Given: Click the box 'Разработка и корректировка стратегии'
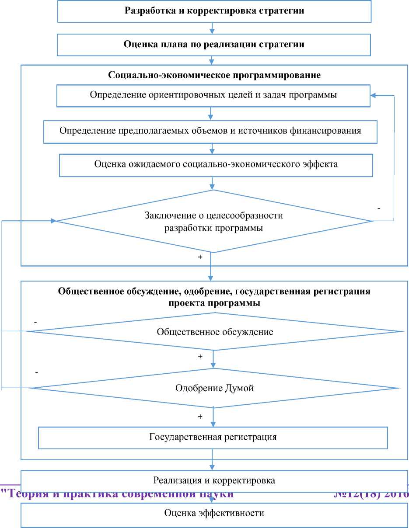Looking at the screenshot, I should (x=214, y=11).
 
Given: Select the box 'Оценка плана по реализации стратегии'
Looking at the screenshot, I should (x=214, y=44).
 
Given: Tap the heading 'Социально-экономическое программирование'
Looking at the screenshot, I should (x=214, y=75).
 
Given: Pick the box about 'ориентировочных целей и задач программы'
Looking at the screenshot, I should (x=213, y=96).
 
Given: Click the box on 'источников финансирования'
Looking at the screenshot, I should (x=210, y=131).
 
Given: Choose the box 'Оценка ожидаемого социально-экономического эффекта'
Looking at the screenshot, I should (x=216, y=164).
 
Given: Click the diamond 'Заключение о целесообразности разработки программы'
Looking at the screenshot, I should (x=213, y=221).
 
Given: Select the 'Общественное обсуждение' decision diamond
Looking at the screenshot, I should (x=215, y=332).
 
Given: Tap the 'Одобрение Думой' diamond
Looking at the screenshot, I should (x=214, y=388).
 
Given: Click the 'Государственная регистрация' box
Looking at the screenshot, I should (x=213, y=437).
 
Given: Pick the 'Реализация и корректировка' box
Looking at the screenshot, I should (x=214, y=480).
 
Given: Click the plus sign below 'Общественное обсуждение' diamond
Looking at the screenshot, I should (x=200, y=357).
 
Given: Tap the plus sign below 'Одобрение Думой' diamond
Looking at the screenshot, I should (x=200, y=417).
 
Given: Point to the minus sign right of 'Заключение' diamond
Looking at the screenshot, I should (x=378, y=209).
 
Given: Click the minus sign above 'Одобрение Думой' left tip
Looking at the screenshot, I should (x=36, y=372).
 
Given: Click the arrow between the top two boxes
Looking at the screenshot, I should (x=212, y=28).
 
